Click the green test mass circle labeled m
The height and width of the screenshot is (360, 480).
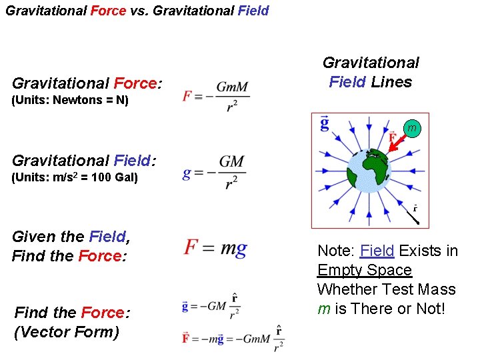[x=412, y=128]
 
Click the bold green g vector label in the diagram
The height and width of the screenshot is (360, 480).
[x=324, y=123]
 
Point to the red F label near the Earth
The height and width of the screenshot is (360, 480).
[x=393, y=139]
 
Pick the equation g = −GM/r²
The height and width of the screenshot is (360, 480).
[x=214, y=173]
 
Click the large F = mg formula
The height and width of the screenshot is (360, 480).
[x=215, y=248]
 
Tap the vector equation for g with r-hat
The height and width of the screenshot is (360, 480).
[x=211, y=306]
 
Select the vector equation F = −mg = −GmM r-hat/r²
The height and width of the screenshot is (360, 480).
[x=233, y=339]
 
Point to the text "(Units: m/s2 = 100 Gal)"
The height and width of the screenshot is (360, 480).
[x=75, y=178]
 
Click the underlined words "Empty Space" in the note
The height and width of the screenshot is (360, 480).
[x=365, y=270]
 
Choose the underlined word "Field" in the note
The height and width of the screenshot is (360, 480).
[x=377, y=251]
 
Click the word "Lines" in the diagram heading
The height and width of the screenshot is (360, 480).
[x=391, y=82]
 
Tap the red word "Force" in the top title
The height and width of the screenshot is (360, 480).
[x=107, y=11]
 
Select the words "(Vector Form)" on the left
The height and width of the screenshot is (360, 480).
[x=66, y=331]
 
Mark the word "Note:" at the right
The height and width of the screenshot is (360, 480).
[x=337, y=251]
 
